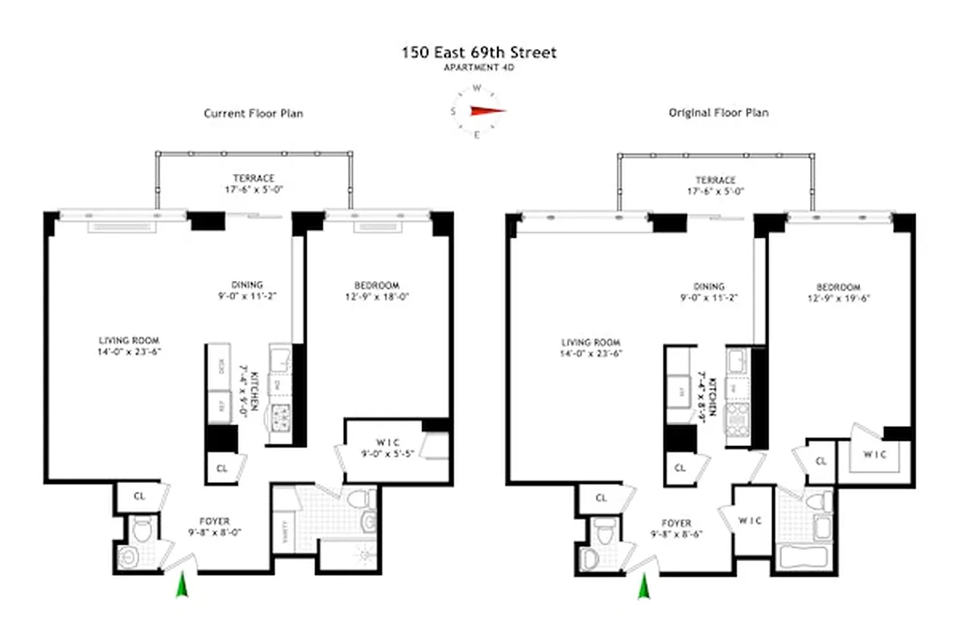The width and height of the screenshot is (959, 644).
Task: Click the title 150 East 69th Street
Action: (x=479, y=53)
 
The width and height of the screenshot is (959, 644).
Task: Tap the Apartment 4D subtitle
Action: (x=479, y=68)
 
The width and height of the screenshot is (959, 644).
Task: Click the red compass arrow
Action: (x=486, y=112)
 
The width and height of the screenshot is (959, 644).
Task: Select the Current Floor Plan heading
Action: (x=253, y=114)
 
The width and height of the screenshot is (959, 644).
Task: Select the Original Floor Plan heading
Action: (x=718, y=113)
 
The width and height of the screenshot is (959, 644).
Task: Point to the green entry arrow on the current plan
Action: (x=182, y=585)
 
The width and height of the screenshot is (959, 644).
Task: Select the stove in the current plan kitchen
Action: (x=283, y=417)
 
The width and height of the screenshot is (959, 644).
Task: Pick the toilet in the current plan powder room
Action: (x=143, y=531)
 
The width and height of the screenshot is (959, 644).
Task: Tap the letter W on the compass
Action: (x=477, y=89)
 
